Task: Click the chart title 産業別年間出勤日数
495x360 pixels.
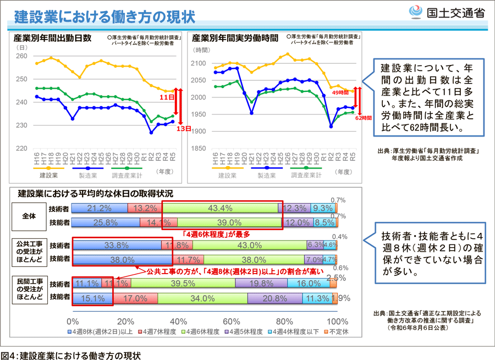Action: [52, 39]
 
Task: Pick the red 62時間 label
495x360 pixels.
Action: [363, 118]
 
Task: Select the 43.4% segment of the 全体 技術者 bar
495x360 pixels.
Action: [220, 208]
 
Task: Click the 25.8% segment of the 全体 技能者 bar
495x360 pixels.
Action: [105, 222]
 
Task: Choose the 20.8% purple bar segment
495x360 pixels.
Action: [274, 298]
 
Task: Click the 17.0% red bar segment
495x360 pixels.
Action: [135, 298]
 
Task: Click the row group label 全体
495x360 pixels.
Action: [29, 216]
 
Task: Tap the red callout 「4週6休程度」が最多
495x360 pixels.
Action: [208, 233]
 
